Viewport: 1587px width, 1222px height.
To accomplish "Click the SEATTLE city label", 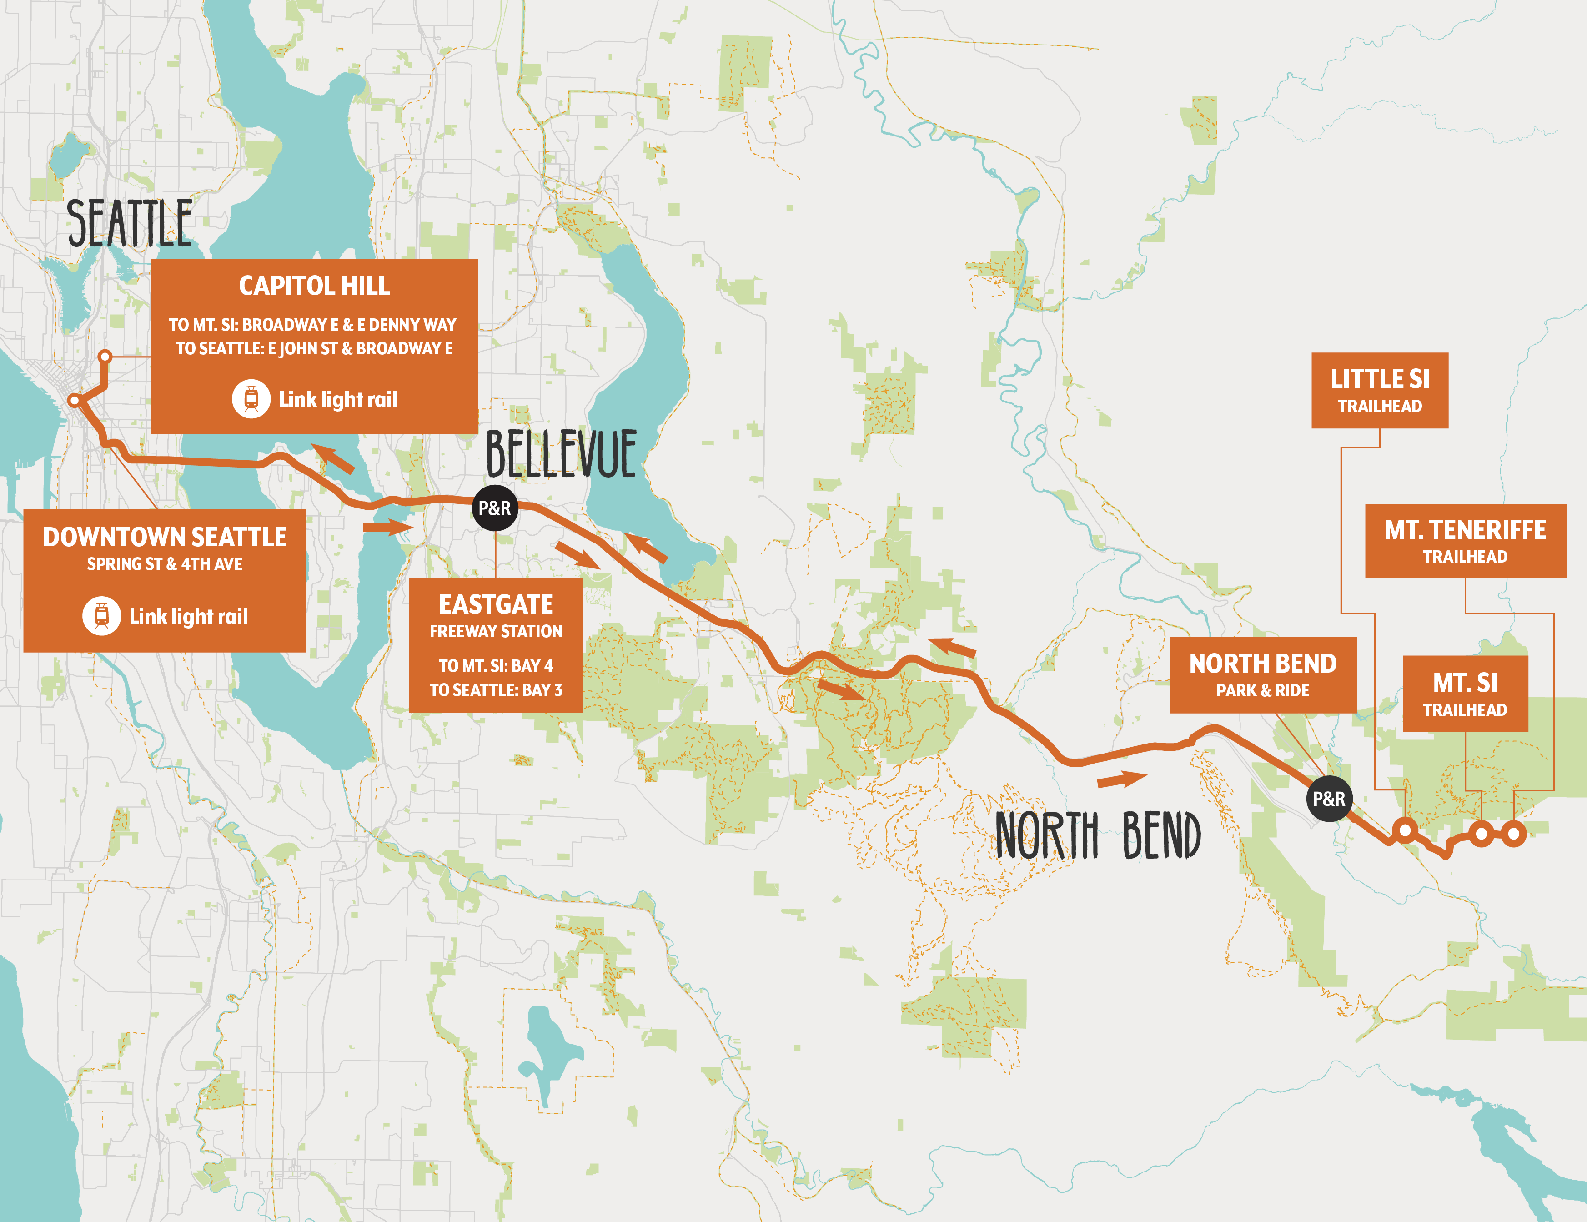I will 129,223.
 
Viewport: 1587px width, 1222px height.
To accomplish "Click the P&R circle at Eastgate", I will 495,508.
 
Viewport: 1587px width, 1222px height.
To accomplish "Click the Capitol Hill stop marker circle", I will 105,356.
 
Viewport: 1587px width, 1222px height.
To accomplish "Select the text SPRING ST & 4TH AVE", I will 164,564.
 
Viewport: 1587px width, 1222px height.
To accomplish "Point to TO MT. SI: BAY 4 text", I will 496,666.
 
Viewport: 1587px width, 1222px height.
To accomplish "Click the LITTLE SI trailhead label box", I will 1379,390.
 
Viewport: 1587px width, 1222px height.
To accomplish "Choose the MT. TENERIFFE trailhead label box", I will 1465,541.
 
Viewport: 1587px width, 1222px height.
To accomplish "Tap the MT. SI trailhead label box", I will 1465,693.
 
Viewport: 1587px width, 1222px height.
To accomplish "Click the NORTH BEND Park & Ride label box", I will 1262,674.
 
